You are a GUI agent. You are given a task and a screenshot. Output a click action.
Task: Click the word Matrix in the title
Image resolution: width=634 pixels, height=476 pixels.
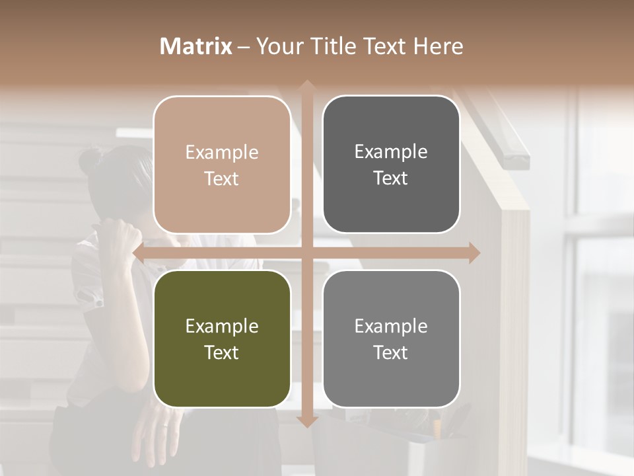click(196, 46)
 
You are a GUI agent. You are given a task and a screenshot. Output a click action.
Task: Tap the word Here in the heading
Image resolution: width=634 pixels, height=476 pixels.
click(438, 46)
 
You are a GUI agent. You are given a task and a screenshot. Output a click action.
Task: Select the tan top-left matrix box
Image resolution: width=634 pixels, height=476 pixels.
click(222, 165)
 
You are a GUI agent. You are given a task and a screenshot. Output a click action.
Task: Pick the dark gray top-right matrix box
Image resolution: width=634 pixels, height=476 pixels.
click(391, 165)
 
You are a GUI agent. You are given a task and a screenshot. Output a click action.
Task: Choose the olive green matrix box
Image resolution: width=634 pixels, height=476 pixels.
click(222, 338)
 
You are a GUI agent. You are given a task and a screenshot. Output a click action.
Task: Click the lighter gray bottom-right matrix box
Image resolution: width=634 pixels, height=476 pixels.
click(391, 338)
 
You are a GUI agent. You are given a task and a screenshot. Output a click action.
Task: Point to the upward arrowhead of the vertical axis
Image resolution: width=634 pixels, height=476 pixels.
click(306, 85)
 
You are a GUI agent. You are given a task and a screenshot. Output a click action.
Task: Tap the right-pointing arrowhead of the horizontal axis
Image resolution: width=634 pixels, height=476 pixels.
click(474, 253)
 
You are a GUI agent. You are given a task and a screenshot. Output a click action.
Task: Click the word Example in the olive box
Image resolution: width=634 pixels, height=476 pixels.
click(222, 326)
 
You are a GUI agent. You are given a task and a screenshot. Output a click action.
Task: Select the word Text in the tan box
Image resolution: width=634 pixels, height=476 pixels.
click(222, 178)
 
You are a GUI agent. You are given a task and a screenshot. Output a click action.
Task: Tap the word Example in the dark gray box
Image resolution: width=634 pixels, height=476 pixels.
click(391, 151)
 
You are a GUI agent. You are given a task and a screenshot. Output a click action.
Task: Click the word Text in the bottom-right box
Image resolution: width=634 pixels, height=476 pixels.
click(391, 352)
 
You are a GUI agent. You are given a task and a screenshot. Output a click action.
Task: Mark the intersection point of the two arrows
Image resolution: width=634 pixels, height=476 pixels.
click(306, 253)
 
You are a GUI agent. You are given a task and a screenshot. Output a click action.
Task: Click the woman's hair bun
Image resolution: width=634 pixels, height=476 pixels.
click(90, 161)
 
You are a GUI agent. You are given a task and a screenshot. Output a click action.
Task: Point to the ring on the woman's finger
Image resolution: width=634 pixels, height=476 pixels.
click(166, 427)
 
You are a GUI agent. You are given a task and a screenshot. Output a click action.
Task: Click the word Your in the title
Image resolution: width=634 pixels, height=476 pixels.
click(277, 46)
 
